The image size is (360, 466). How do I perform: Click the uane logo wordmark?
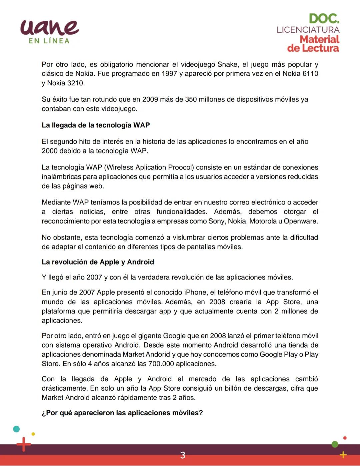coord(49,27)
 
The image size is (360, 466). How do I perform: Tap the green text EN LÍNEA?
coord(49,41)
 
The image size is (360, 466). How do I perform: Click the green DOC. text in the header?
coord(324,18)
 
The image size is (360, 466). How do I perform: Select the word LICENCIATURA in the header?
coord(308,30)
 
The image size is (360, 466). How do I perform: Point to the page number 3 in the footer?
coord(182,455)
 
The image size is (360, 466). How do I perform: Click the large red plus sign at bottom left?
coord(23,444)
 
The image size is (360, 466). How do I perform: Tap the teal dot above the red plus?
coord(16,429)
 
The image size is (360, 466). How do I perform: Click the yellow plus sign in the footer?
coord(343,455)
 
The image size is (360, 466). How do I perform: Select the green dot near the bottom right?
coord(335,444)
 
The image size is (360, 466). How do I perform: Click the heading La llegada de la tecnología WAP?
coord(96,125)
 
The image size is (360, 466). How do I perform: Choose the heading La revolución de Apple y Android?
coord(98,262)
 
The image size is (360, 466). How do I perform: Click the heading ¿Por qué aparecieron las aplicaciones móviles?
coord(122,413)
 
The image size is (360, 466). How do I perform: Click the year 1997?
coord(169,74)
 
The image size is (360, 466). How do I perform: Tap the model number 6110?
coord(310,74)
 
